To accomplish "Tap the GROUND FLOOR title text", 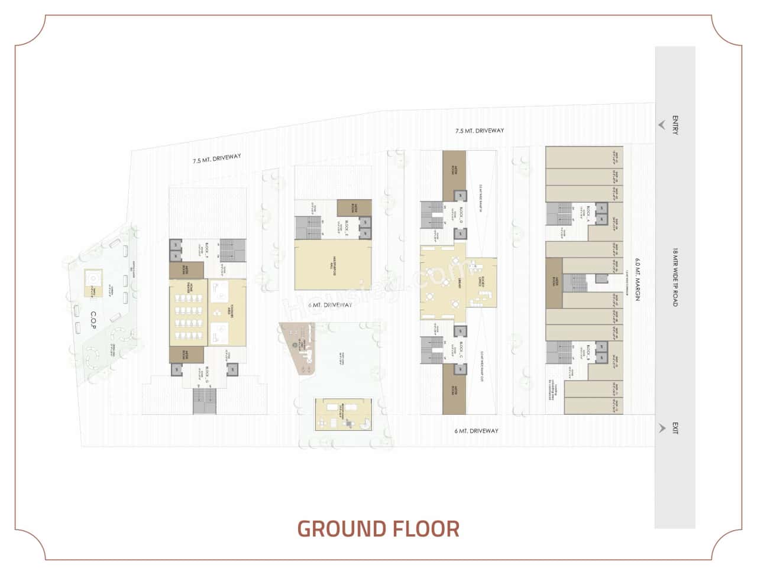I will [378, 528].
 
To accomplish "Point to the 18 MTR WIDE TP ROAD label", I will [675, 278].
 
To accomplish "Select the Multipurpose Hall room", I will [333, 268].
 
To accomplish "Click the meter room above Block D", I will [454, 175].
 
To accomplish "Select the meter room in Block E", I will [354, 208].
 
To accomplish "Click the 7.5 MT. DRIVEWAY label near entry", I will [479, 131].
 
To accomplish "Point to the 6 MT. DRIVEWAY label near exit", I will [476, 431].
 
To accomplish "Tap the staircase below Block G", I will [205, 402].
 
